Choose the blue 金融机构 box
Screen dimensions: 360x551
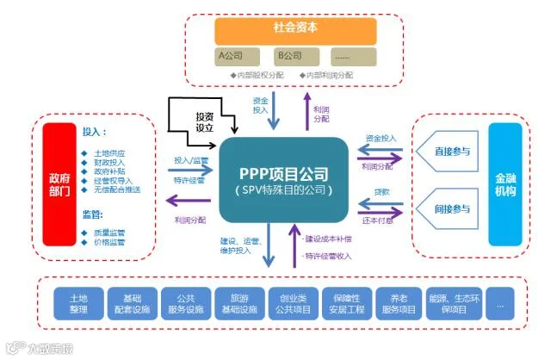click(x=505, y=183)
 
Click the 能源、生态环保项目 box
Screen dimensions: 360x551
click(x=452, y=301)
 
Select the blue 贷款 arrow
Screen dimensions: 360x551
click(x=381, y=201)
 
